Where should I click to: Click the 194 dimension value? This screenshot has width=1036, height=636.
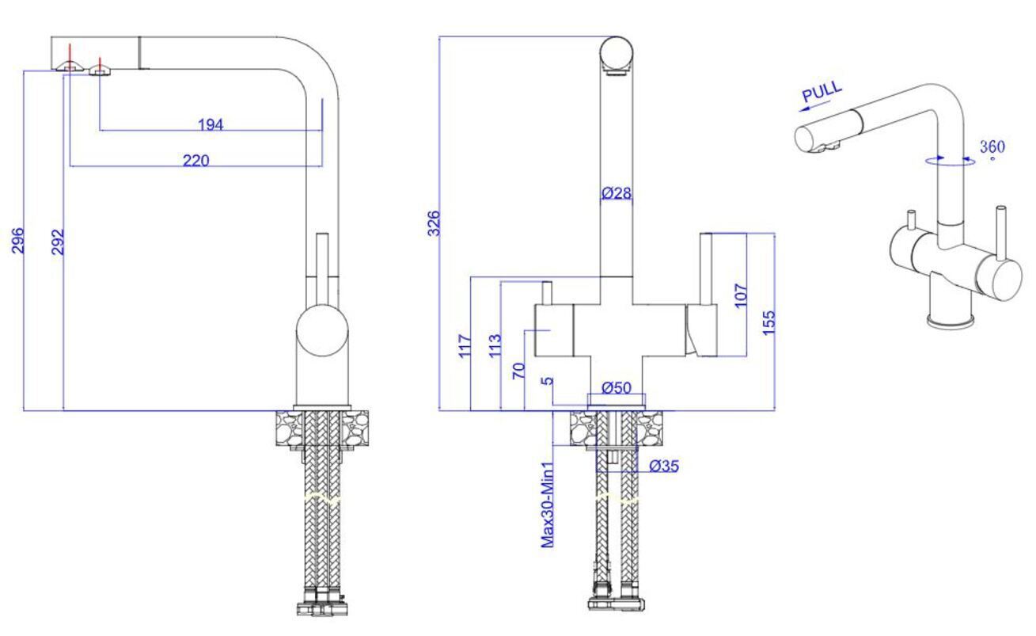pos(211,124)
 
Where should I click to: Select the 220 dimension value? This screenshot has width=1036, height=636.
pos(195,161)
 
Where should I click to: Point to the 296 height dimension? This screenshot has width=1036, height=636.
pos(17,240)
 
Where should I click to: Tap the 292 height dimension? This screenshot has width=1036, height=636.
pos(57,242)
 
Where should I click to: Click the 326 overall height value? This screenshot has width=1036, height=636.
pos(434,223)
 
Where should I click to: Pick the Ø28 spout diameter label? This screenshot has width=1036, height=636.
pos(617,193)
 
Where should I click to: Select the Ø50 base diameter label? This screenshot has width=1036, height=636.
pos(617,387)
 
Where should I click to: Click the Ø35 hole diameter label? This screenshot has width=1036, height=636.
pos(664,466)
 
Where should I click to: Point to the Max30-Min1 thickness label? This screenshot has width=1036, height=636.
pos(547,505)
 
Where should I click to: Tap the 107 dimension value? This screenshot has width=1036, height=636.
pos(741,295)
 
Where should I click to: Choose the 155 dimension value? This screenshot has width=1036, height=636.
pos(768,322)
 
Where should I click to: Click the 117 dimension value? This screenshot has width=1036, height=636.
pos(465,345)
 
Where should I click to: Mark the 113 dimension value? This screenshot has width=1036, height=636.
pos(495,345)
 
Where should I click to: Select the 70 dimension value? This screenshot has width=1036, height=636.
pos(518,371)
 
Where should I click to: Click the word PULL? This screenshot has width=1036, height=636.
pos(822,92)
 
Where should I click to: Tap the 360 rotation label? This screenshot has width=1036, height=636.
pos(992,147)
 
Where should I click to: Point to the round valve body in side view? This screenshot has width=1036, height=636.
pos(322,330)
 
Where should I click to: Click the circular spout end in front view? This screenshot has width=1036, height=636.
pos(616,52)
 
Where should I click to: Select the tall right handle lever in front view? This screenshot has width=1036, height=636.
pos(706,269)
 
